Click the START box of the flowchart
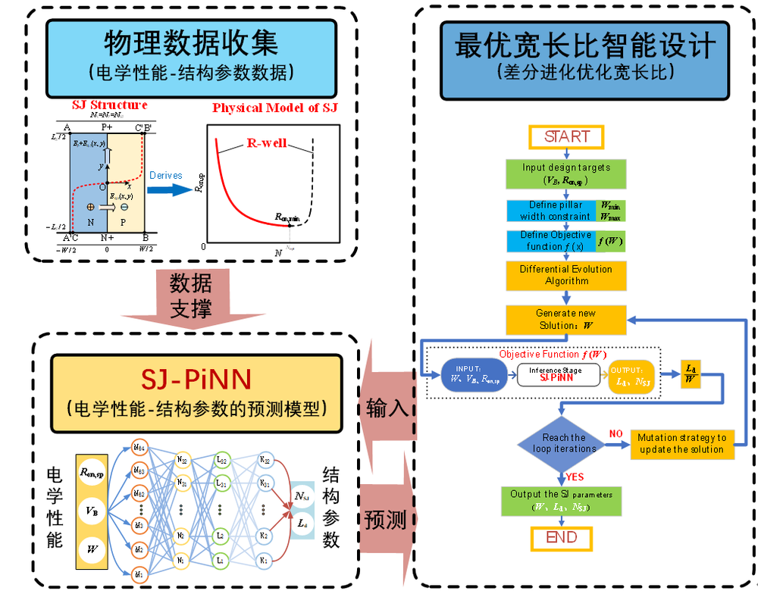click(566, 136)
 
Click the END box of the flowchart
click(566, 537)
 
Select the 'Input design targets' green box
click(566, 174)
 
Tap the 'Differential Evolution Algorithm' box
click(566, 275)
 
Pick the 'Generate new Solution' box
click(566, 320)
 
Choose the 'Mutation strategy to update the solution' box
click(681, 443)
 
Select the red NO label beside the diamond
click(616, 433)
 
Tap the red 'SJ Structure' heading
click(108, 105)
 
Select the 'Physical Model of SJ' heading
click(274, 108)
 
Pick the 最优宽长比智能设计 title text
click(584, 46)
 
